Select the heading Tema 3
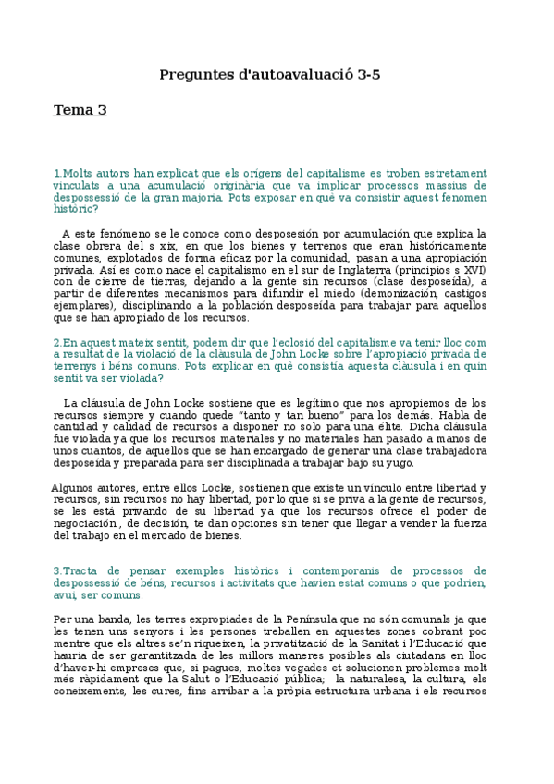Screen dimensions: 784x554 [x=80, y=111]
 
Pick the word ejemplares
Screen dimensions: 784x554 [x=85, y=306]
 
